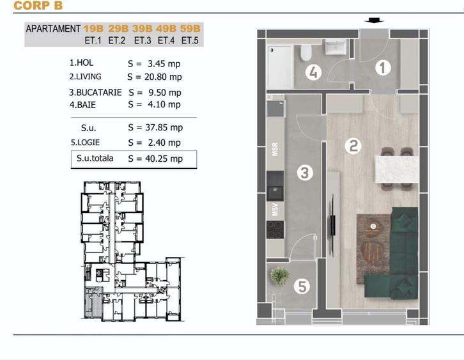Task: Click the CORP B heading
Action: click(x=38, y=6)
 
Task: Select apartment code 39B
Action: click(x=143, y=29)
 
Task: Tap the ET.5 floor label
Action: click(x=190, y=40)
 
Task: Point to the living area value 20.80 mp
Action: click(x=163, y=77)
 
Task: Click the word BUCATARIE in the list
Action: click(x=99, y=93)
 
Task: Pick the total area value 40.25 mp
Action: click(x=164, y=159)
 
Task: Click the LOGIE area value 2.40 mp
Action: click(x=164, y=143)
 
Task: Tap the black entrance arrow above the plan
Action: click(x=374, y=20)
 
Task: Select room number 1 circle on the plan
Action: click(x=383, y=68)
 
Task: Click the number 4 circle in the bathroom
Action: click(x=313, y=72)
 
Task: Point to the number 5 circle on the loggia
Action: click(x=302, y=286)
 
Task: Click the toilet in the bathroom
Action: click(x=306, y=52)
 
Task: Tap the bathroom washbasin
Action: click(x=336, y=47)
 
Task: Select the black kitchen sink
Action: click(x=275, y=185)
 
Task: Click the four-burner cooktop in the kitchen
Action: click(x=275, y=230)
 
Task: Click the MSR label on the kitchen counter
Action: click(x=275, y=150)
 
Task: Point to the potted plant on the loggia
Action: click(x=279, y=276)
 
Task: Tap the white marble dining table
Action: click(x=397, y=169)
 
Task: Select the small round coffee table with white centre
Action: click(x=373, y=226)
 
